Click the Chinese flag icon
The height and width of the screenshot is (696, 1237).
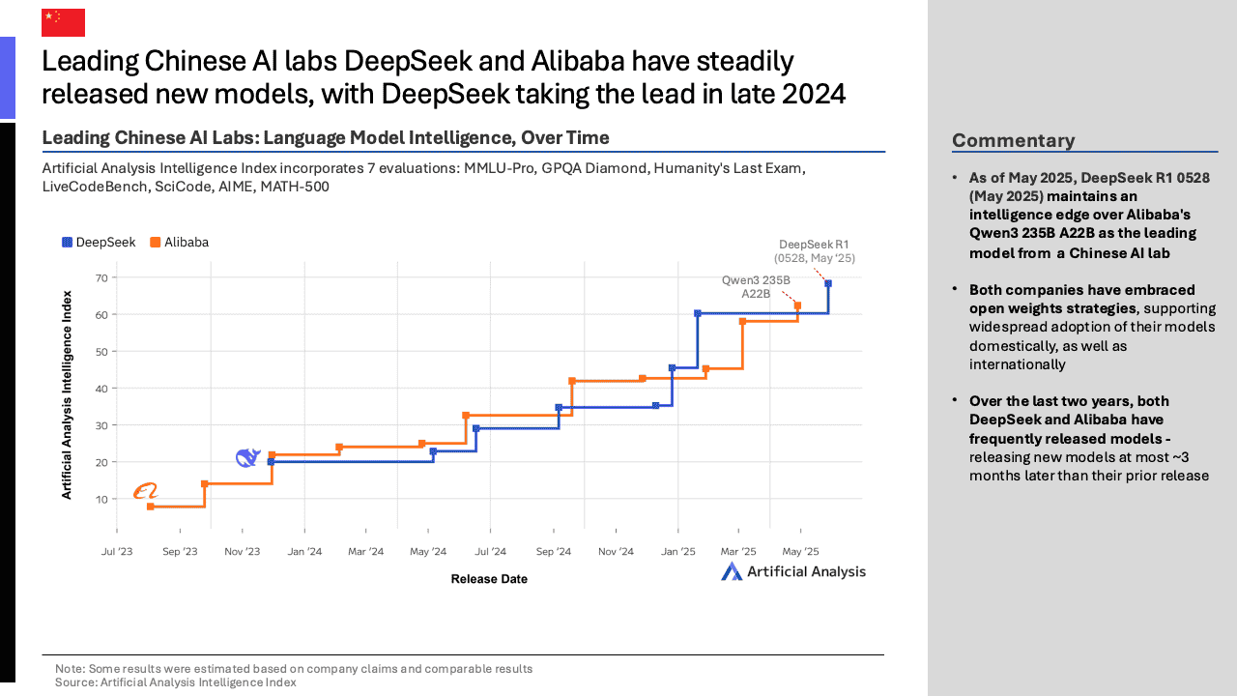63,22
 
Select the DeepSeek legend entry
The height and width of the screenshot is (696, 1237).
99,243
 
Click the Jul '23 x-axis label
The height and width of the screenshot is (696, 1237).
117,551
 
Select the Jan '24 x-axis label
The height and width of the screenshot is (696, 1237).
304,551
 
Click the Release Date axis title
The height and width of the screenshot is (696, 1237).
489,579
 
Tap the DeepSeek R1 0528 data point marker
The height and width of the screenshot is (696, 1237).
828,283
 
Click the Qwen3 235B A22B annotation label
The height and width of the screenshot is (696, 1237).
756,286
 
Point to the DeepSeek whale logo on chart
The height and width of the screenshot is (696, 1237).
248,457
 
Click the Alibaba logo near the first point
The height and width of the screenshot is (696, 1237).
145,492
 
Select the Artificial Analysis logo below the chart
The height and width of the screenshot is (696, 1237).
793,571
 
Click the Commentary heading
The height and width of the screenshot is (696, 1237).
1013,141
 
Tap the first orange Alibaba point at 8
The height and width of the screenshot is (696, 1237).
151,507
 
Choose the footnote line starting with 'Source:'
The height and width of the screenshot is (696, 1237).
176,682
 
